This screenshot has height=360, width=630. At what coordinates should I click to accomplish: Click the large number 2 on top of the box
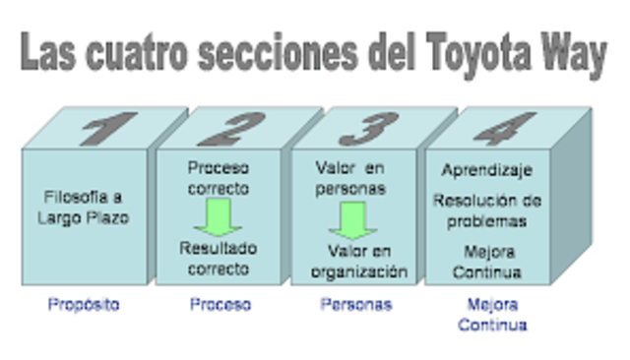tap(242, 129)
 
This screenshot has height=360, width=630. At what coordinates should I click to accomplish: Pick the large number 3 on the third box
tap(369, 129)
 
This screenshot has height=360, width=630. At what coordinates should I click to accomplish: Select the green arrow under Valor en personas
tap(351, 218)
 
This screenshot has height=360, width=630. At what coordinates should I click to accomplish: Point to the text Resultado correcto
tap(218, 258)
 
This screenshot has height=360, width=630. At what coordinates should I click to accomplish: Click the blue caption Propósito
tap(84, 305)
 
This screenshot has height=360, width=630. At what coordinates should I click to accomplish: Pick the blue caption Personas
tap(356, 305)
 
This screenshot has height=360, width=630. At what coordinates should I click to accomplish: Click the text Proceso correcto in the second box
tap(218, 178)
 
